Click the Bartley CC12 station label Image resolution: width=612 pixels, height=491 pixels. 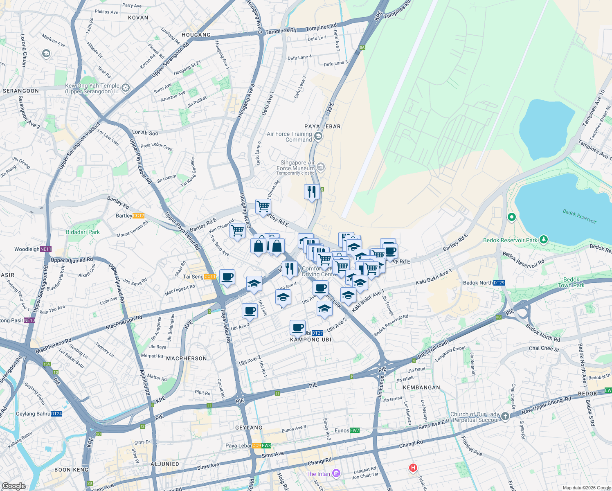130,216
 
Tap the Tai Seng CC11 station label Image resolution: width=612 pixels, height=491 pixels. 199,277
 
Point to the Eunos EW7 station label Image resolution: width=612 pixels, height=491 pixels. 347,430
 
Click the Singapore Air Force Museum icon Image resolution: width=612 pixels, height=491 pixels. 321,167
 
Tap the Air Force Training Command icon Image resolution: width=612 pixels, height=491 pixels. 318,136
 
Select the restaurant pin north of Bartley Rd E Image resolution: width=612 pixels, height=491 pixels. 312,191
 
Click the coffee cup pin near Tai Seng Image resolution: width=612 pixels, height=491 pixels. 227,277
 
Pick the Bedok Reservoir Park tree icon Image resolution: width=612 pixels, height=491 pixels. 543,239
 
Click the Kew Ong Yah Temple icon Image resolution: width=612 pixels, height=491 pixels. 126,88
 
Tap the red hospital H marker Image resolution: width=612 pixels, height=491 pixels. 413,467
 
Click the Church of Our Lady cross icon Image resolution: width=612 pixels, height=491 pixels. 505,417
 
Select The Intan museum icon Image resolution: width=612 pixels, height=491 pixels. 336,473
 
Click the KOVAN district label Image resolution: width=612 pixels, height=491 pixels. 138,18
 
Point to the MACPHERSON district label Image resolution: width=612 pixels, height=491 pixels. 187,358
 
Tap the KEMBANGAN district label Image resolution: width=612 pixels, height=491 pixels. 421,387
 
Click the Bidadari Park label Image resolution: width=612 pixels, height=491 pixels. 83,232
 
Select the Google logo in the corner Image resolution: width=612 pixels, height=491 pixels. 13,486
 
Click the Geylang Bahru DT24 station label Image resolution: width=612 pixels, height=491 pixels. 39,414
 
